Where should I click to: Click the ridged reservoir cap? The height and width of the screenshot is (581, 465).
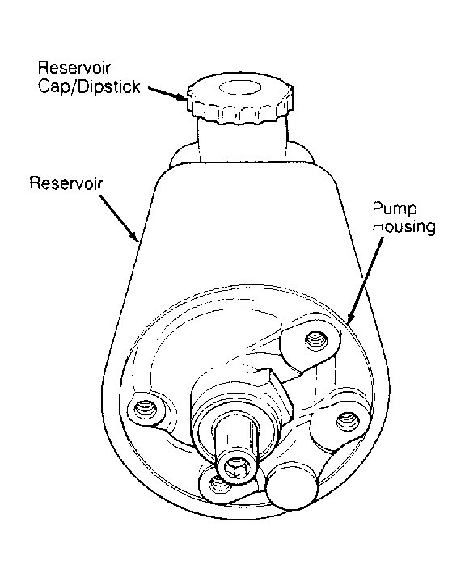click(x=239, y=99)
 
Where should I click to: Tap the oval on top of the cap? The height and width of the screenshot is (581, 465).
click(x=240, y=88)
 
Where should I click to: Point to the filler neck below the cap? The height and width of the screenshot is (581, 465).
click(x=243, y=141)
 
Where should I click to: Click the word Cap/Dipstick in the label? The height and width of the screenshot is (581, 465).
click(x=89, y=86)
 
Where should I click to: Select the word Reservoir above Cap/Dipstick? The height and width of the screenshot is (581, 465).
click(x=74, y=67)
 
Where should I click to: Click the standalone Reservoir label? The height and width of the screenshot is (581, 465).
click(x=66, y=183)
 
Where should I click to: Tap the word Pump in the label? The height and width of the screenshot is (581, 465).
click(x=395, y=209)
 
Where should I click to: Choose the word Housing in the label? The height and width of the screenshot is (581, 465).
click(x=404, y=226)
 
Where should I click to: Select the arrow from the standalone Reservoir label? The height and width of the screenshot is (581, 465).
click(x=119, y=218)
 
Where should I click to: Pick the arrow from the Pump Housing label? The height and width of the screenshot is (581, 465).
click(x=365, y=280)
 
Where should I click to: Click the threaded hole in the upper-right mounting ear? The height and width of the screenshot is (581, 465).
click(x=315, y=339)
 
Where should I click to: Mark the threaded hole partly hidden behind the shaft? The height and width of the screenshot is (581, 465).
click(x=217, y=483)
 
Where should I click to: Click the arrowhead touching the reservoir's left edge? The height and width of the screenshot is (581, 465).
click(x=134, y=236)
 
